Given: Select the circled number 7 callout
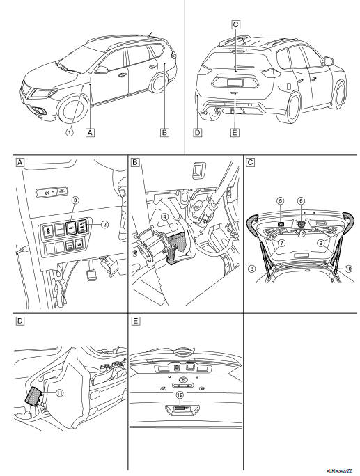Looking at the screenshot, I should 282,244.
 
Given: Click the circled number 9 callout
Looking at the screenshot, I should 320,244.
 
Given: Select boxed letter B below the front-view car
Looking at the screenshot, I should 164,129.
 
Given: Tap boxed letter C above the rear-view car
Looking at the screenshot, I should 236,24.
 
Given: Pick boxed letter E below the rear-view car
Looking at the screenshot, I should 234,129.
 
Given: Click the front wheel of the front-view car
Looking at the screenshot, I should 72,110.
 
